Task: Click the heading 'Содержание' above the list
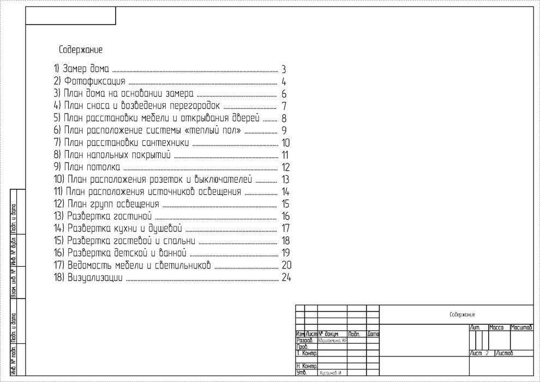[81, 50]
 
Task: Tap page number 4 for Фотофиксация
[284, 82]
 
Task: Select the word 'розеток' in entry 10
[166, 180]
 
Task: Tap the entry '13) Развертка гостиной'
[101, 217]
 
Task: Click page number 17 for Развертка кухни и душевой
[285, 228]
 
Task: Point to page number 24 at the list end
[287, 278]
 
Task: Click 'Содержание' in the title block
[462, 314]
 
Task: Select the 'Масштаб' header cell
[521, 327]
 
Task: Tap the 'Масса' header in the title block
[496, 327]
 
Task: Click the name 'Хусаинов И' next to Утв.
[330, 373]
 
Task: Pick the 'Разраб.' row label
[303, 340]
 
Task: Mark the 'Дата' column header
[373, 333]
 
